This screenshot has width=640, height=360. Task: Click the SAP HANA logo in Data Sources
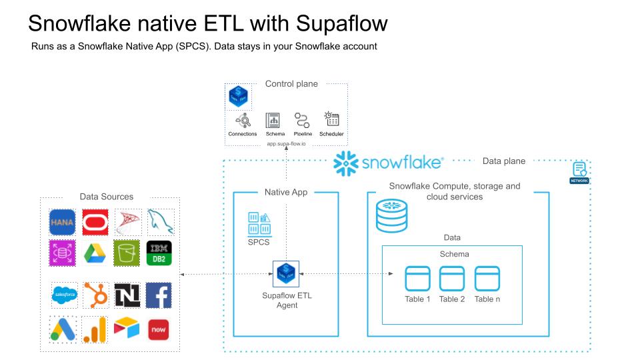[62, 222]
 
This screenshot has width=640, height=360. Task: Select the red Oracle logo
[95, 222]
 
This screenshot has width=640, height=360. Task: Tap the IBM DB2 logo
[159, 253]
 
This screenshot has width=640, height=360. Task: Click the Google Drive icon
[95, 253]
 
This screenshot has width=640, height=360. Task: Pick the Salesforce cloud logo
[65, 295]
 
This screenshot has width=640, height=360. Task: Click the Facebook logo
[159, 295]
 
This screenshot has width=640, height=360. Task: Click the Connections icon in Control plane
[242, 121]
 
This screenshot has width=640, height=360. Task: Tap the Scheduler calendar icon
[331, 120]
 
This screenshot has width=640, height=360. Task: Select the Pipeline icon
[302, 121]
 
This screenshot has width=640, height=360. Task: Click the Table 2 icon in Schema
[452, 278]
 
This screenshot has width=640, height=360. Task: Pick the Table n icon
[487, 278]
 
